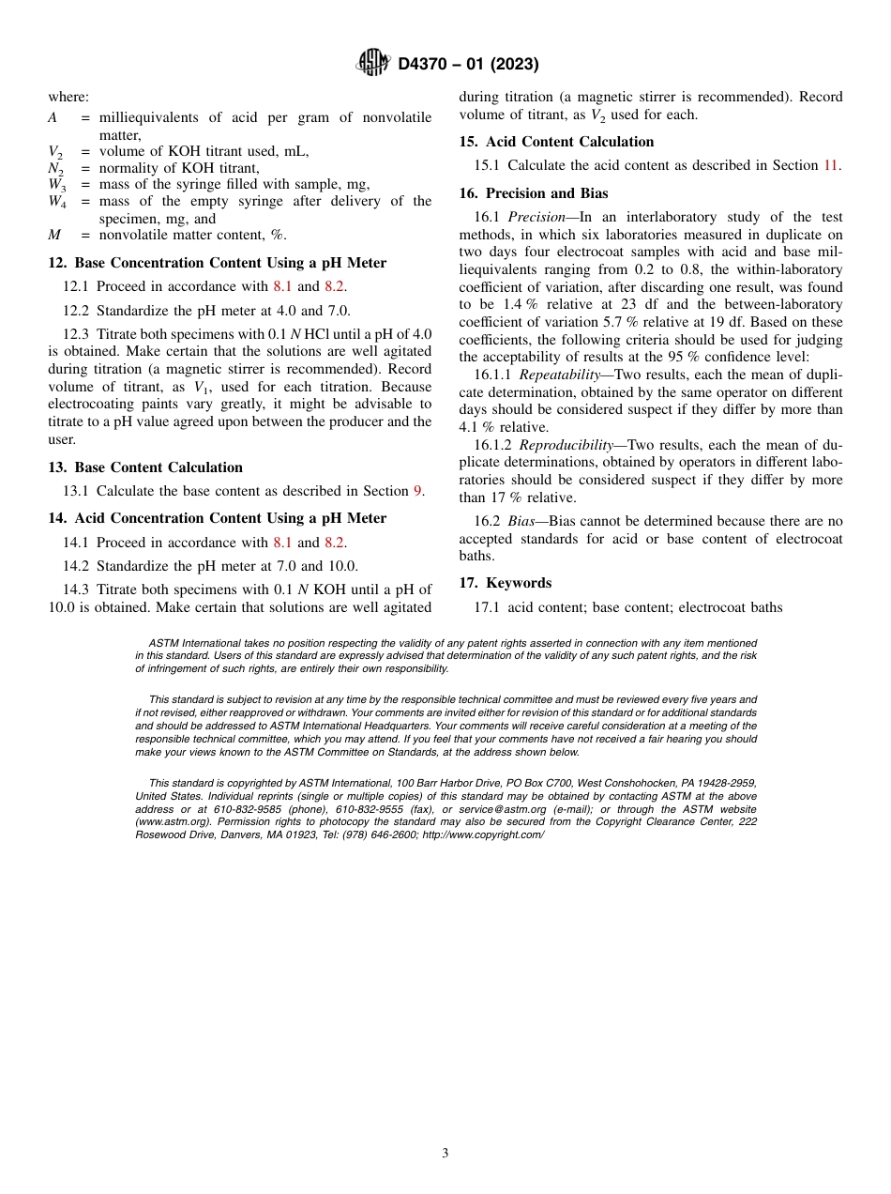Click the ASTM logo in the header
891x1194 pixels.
(x=373, y=64)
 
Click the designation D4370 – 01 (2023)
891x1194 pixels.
(x=468, y=64)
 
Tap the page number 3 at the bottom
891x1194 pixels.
(x=445, y=1154)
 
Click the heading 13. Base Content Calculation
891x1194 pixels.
(x=145, y=467)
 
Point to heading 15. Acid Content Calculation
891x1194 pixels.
(x=556, y=142)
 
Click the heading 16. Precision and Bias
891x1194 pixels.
(x=533, y=193)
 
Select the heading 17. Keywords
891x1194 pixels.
(x=505, y=583)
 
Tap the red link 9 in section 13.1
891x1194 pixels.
(x=417, y=491)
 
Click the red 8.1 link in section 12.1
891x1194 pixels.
(x=282, y=286)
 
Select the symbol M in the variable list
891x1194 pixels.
(x=54, y=235)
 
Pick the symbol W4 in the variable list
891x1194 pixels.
(x=57, y=201)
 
